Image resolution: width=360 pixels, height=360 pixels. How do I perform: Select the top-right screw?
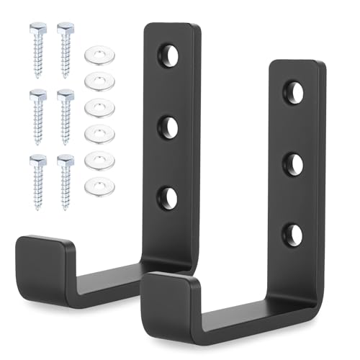click(x=65, y=48)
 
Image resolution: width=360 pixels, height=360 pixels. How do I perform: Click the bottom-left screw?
click(x=37, y=180)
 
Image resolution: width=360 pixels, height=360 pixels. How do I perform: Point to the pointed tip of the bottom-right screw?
click(x=66, y=208)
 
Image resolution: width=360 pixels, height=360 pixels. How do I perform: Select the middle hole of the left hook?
click(x=168, y=127)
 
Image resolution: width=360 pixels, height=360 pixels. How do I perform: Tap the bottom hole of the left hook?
click(x=168, y=197)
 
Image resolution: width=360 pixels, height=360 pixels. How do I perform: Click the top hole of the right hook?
click(x=292, y=91)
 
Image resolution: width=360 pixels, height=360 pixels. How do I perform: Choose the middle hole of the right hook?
click(x=292, y=163)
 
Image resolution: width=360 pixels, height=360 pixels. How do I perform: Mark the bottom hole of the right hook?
click(x=292, y=234)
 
